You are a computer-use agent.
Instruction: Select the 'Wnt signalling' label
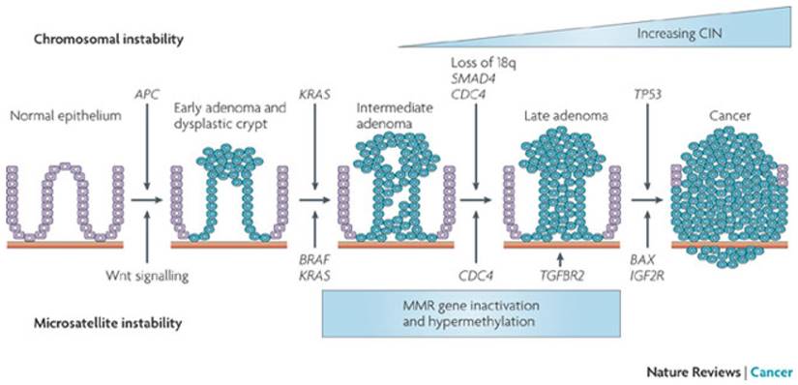pyautogui.click(x=143, y=276)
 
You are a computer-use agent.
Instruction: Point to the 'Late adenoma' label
pyautogui.click(x=553, y=116)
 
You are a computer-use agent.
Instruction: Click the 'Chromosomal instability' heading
pyautogui.click(x=108, y=40)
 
